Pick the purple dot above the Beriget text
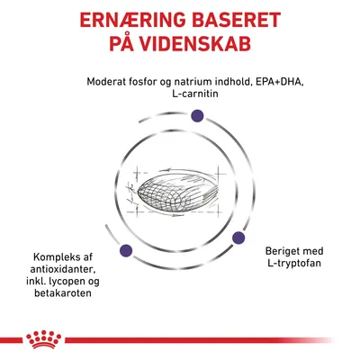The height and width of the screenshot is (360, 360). tap(239, 238)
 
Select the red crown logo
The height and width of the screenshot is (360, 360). tap(180, 337)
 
